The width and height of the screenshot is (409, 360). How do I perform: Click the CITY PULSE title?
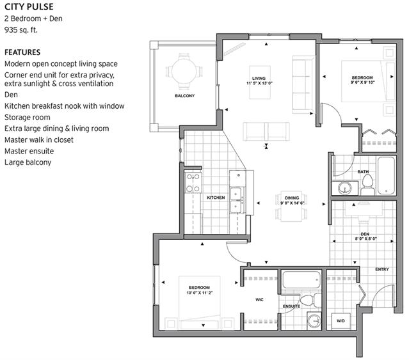click(29, 7)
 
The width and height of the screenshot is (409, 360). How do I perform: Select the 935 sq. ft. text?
click(21, 30)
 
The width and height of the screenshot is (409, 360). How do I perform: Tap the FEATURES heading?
click(22, 52)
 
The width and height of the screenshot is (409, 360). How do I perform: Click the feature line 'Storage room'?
click(28, 117)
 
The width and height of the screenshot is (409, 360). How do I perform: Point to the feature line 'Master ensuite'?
click(29, 151)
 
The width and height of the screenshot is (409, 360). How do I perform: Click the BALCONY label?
click(185, 96)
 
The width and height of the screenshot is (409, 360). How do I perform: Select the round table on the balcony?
click(184, 71)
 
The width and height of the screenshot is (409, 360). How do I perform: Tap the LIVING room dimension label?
click(259, 83)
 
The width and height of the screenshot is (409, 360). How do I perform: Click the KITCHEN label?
click(216, 198)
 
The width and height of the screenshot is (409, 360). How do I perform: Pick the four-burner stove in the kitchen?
click(193, 182)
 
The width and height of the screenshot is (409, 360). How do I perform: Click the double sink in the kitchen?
click(237, 200)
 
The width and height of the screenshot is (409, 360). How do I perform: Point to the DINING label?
click(292, 198)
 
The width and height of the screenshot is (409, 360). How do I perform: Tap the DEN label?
click(365, 234)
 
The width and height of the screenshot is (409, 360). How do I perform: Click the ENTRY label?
click(382, 269)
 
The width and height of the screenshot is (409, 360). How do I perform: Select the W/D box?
click(341, 322)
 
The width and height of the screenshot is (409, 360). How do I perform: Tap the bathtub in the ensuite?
click(301, 280)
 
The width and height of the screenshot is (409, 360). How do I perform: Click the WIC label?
click(259, 300)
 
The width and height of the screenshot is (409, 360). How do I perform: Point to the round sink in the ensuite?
click(314, 321)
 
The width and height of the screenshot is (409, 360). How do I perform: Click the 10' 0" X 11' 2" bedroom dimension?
click(200, 293)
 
